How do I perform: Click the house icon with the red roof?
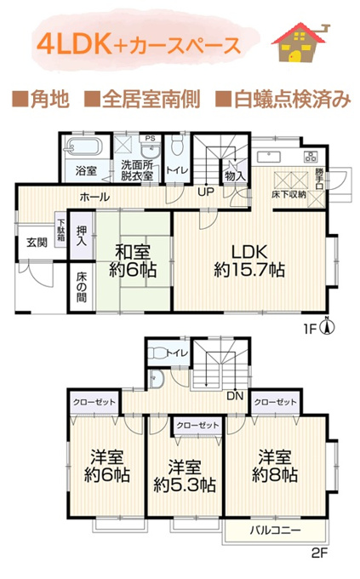coord(300,43)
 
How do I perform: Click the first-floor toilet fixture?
coord(177,145)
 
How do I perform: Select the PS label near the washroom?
coord(150,139)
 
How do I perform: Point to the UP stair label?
coord(206,192)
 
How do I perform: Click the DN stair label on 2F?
coord(235,396)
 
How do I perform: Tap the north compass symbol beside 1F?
coord(328,326)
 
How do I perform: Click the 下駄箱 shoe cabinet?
coord(60,230)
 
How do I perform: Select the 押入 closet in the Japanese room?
coord(82,236)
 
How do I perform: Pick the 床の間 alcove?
coord(81,287)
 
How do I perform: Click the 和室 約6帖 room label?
coord(133,261)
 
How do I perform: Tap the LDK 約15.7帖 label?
coord(249,261)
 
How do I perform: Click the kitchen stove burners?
coord(311,156)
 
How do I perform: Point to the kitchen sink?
coord(269,157)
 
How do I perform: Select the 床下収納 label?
coord(289,194)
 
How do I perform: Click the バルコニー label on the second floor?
coord(276,530)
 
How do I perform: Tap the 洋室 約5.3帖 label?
coord(185,476)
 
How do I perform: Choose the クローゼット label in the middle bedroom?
coord(197,426)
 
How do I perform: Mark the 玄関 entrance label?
coord(37,243)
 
